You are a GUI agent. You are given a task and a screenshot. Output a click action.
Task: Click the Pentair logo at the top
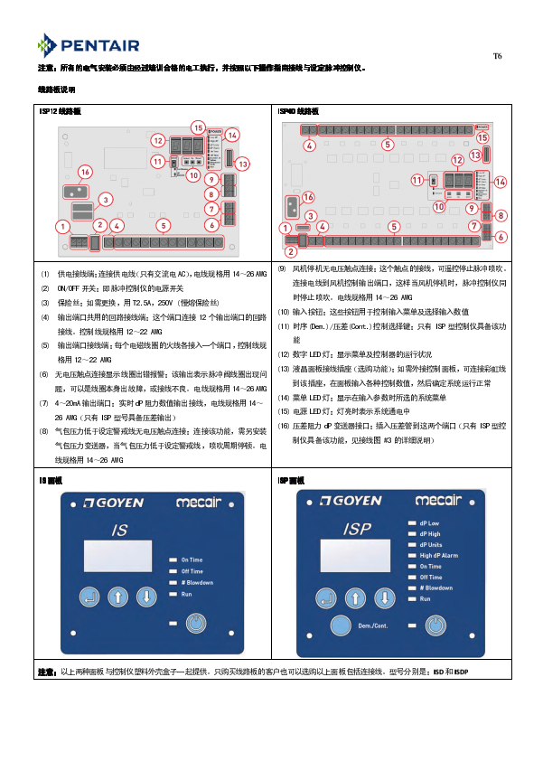[x=89, y=43]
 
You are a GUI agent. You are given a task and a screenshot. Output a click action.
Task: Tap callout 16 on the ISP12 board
[x=84, y=171]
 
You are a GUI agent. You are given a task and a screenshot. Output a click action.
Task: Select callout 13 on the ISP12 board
[x=241, y=164]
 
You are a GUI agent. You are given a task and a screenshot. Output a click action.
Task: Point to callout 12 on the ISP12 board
[x=157, y=141]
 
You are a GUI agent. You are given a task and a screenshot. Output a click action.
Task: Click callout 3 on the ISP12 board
[x=106, y=199]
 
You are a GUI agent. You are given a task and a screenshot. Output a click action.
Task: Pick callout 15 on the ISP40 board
[x=482, y=136]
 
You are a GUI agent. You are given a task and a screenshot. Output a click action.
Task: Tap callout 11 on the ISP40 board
[x=417, y=180]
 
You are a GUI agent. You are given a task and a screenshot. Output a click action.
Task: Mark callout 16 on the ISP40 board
[x=308, y=196]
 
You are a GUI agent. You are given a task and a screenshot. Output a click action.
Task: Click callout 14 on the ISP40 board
[x=501, y=182]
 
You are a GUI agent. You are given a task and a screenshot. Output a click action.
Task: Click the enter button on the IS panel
[x=88, y=597]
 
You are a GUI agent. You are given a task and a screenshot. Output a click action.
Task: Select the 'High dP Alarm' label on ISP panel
[x=438, y=556]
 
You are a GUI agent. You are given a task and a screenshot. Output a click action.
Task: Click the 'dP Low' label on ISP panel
[x=429, y=523]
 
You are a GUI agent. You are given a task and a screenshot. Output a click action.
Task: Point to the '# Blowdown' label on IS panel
[x=197, y=583]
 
